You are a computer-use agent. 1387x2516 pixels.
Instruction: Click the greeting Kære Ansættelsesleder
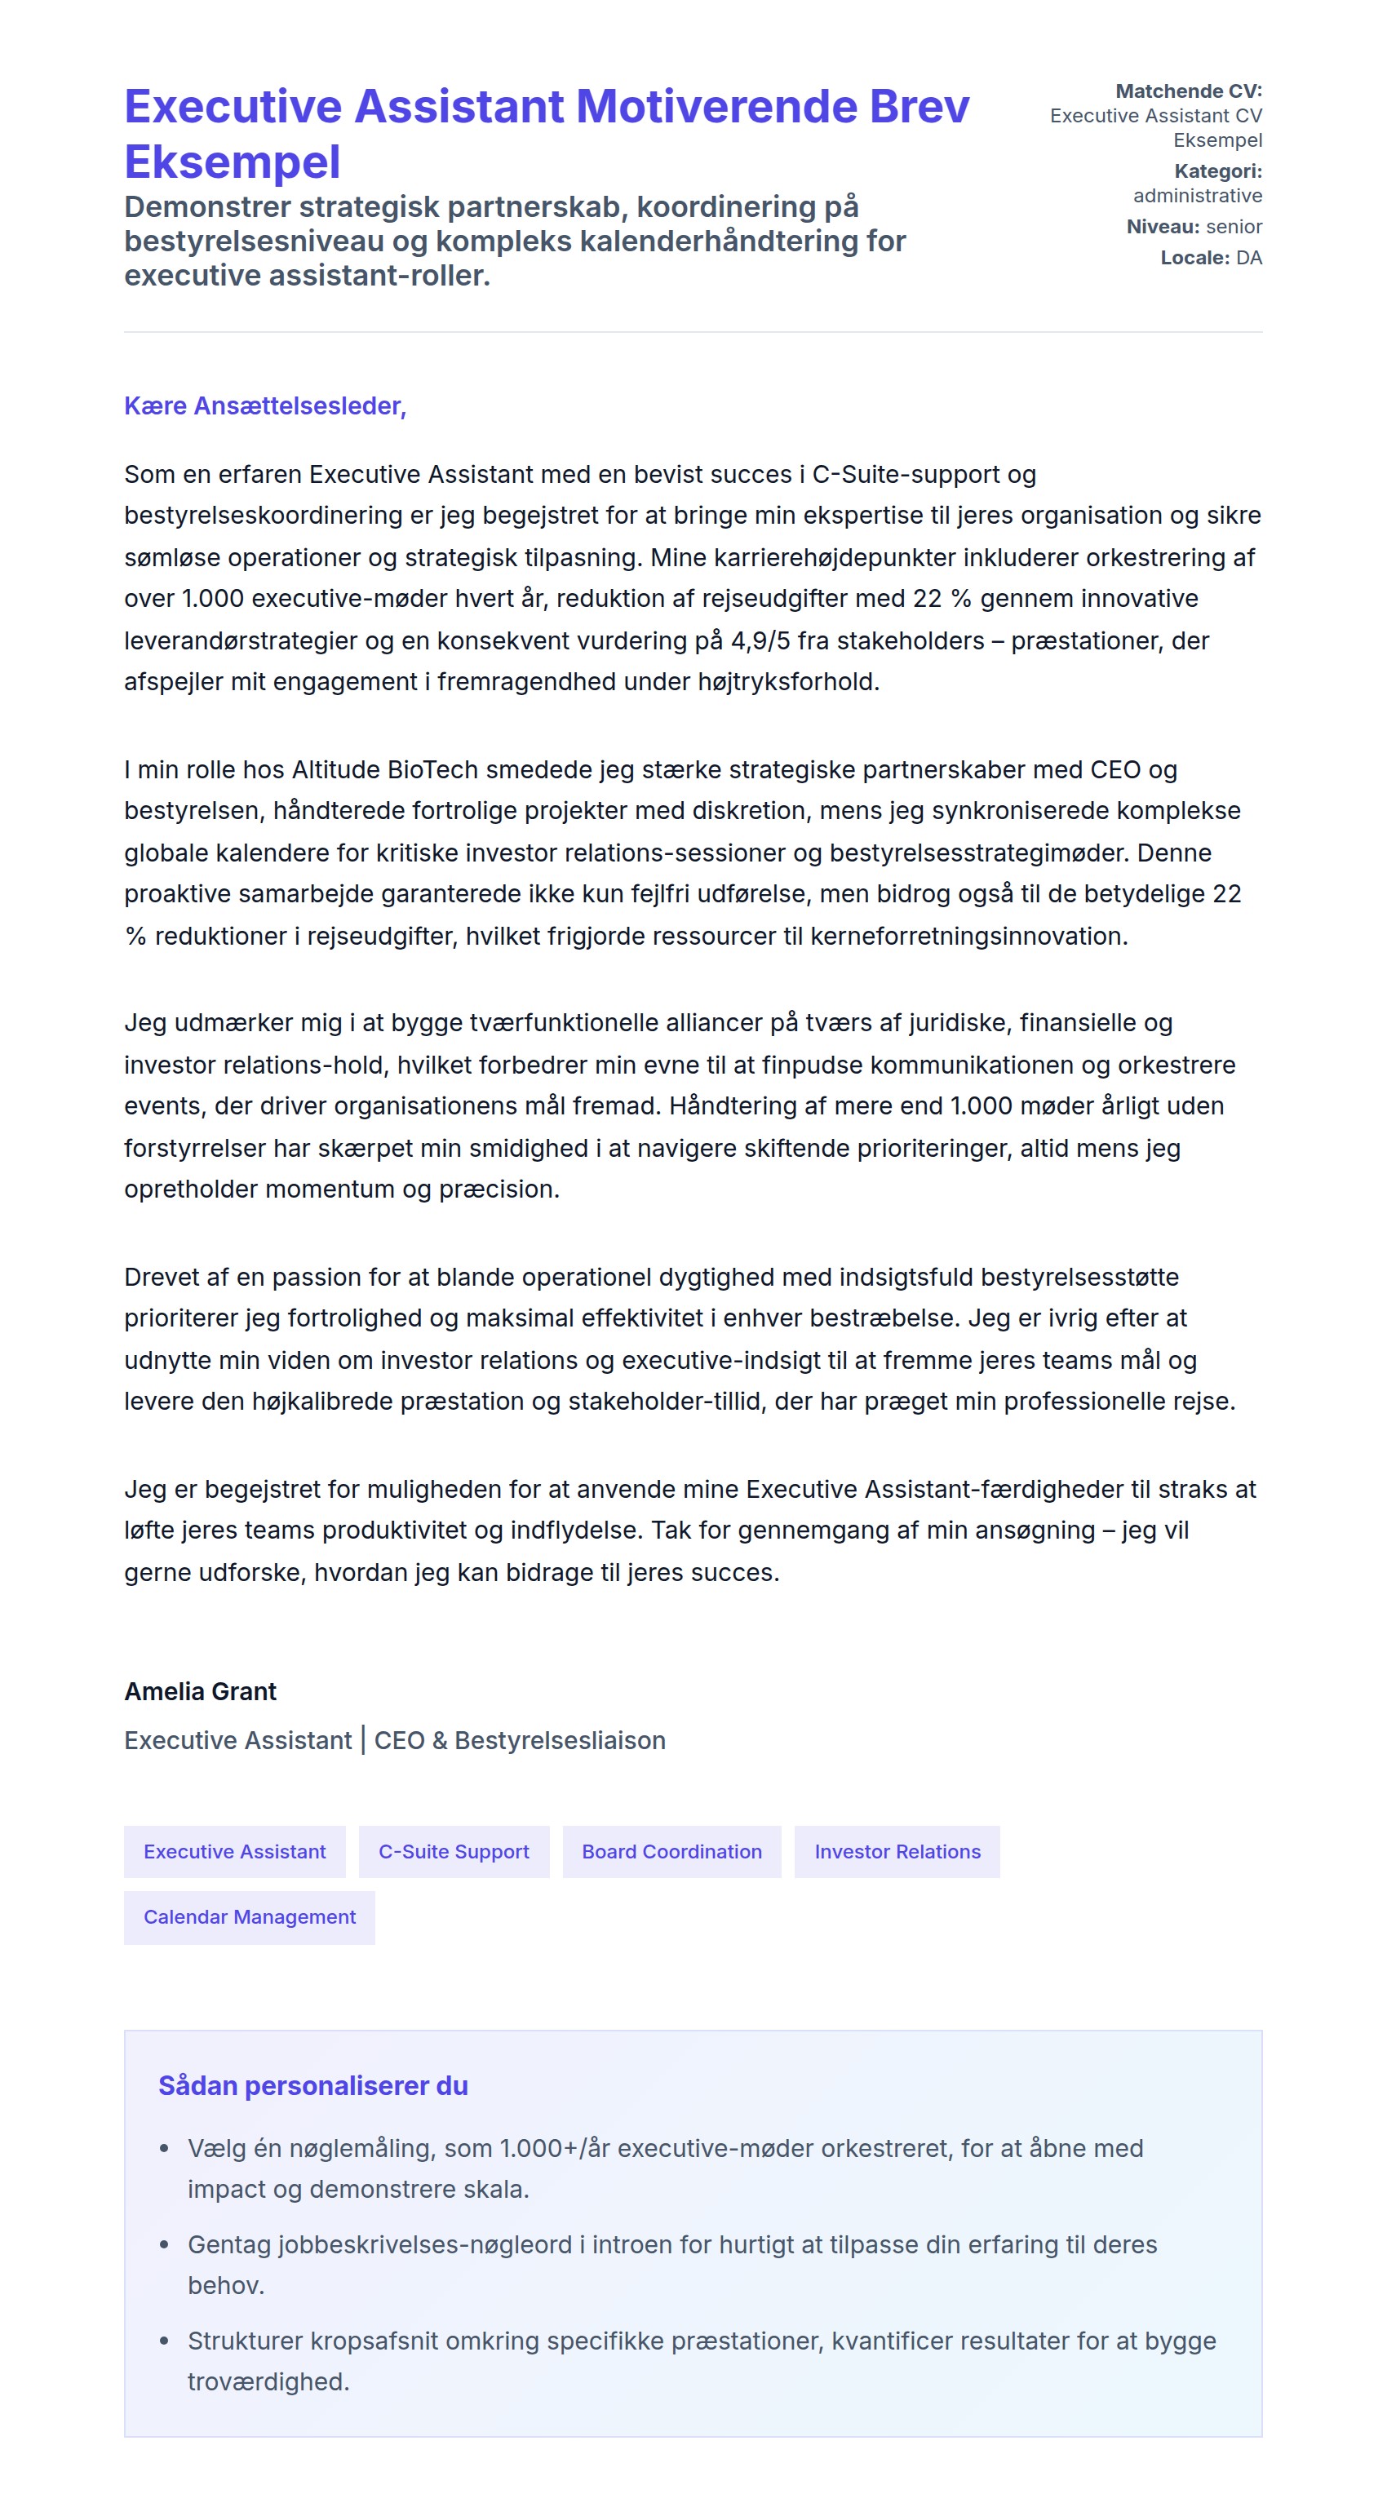[x=264, y=405]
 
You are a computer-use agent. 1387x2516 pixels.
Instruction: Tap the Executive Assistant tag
[x=234, y=1851]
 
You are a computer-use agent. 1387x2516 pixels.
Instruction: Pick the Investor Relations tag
[x=897, y=1851]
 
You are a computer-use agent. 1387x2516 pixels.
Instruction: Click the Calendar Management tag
[x=249, y=1916]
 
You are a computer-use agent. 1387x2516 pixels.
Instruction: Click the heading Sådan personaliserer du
[x=312, y=2085]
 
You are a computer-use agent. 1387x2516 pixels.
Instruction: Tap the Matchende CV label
[x=1188, y=91]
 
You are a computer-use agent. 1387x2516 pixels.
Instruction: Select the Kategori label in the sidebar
[x=1217, y=171]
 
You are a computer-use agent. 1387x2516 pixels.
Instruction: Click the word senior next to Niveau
[x=1234, y=227]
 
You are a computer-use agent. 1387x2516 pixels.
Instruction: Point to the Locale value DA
[x=1248, y=258]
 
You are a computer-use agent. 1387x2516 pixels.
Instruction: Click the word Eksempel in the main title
[x=233, y=162]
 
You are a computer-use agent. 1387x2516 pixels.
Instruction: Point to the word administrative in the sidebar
[x=1197, y=195]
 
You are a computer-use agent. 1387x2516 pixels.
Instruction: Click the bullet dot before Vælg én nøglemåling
[x=165, y=2149]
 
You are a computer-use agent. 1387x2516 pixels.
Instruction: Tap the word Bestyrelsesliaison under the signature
[x=560, y=1739]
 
